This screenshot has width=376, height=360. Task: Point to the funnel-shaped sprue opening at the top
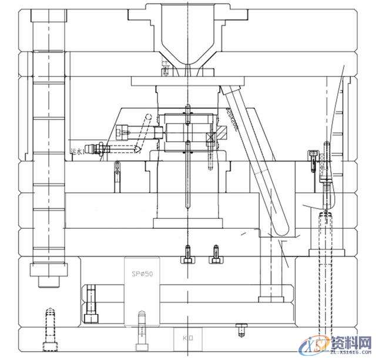point(183,32)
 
